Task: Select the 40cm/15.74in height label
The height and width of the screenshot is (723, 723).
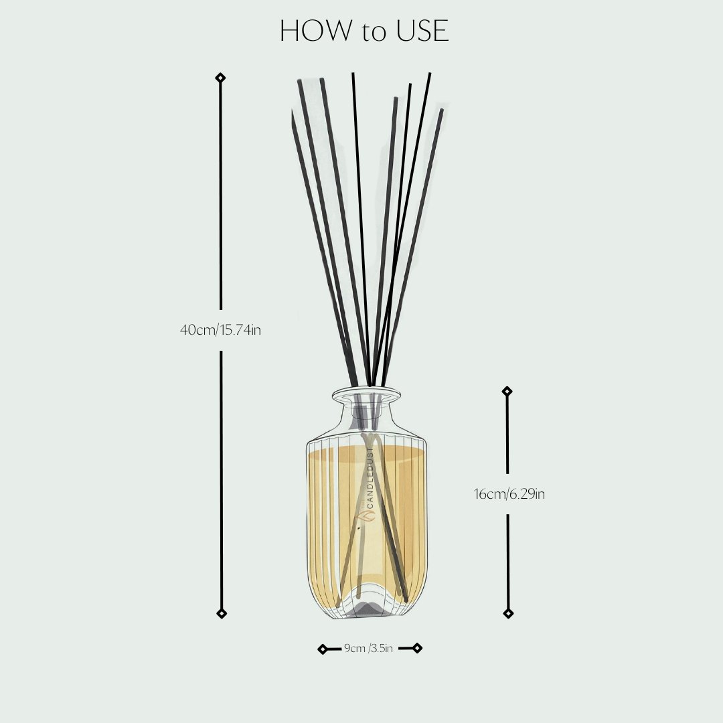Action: (x=220, y=329)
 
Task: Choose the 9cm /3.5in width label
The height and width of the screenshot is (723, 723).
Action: (x=368, y=648)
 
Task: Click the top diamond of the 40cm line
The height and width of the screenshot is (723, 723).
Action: (x=220, y=78)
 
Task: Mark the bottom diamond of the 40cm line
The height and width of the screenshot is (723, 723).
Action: (x=222, y=613)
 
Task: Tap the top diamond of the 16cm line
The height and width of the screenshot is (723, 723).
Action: (x=507, y=391)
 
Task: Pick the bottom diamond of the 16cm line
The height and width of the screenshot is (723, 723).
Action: (x=508, y=613)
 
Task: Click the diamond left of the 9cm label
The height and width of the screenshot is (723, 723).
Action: (x=323, y=649)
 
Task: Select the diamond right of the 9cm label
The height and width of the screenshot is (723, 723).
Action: (x=417, y=647)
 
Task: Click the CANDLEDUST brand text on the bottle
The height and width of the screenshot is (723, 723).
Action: (x=370, y=482)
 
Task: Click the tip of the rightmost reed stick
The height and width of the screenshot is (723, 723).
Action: (x=441, y=111)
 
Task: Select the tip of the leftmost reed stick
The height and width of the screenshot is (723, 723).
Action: (x=293, y=114)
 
